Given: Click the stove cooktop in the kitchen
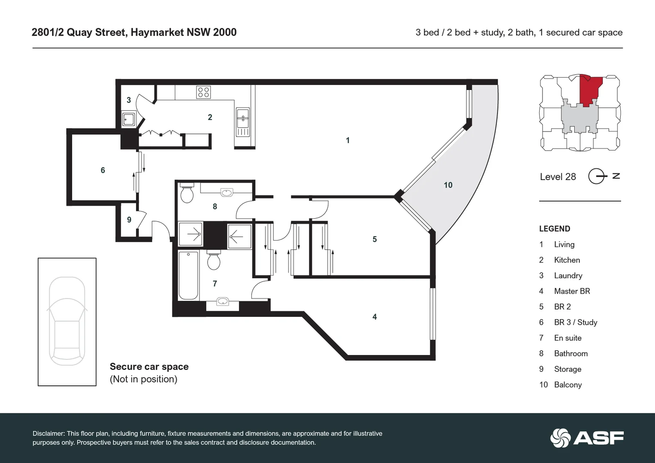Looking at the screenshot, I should point(203,92).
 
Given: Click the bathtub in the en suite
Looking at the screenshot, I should point(188,275).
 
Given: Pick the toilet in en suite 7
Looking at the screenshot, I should point(214,260).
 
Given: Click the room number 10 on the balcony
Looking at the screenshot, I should point(448,185).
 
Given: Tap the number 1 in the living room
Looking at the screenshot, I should point(348,140).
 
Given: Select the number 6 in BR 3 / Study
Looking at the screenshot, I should point(103,170).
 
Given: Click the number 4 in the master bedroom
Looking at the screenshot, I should point(374,317).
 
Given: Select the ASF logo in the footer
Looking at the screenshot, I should point(587,438).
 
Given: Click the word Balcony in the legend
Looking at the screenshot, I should point(567,385).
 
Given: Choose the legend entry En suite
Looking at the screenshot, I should point(567,338).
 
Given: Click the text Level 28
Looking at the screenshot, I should point(558,177).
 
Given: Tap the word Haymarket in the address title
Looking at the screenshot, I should point(157,32).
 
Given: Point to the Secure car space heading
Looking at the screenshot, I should point(149,367).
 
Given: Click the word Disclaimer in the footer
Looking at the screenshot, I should point(48,433).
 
